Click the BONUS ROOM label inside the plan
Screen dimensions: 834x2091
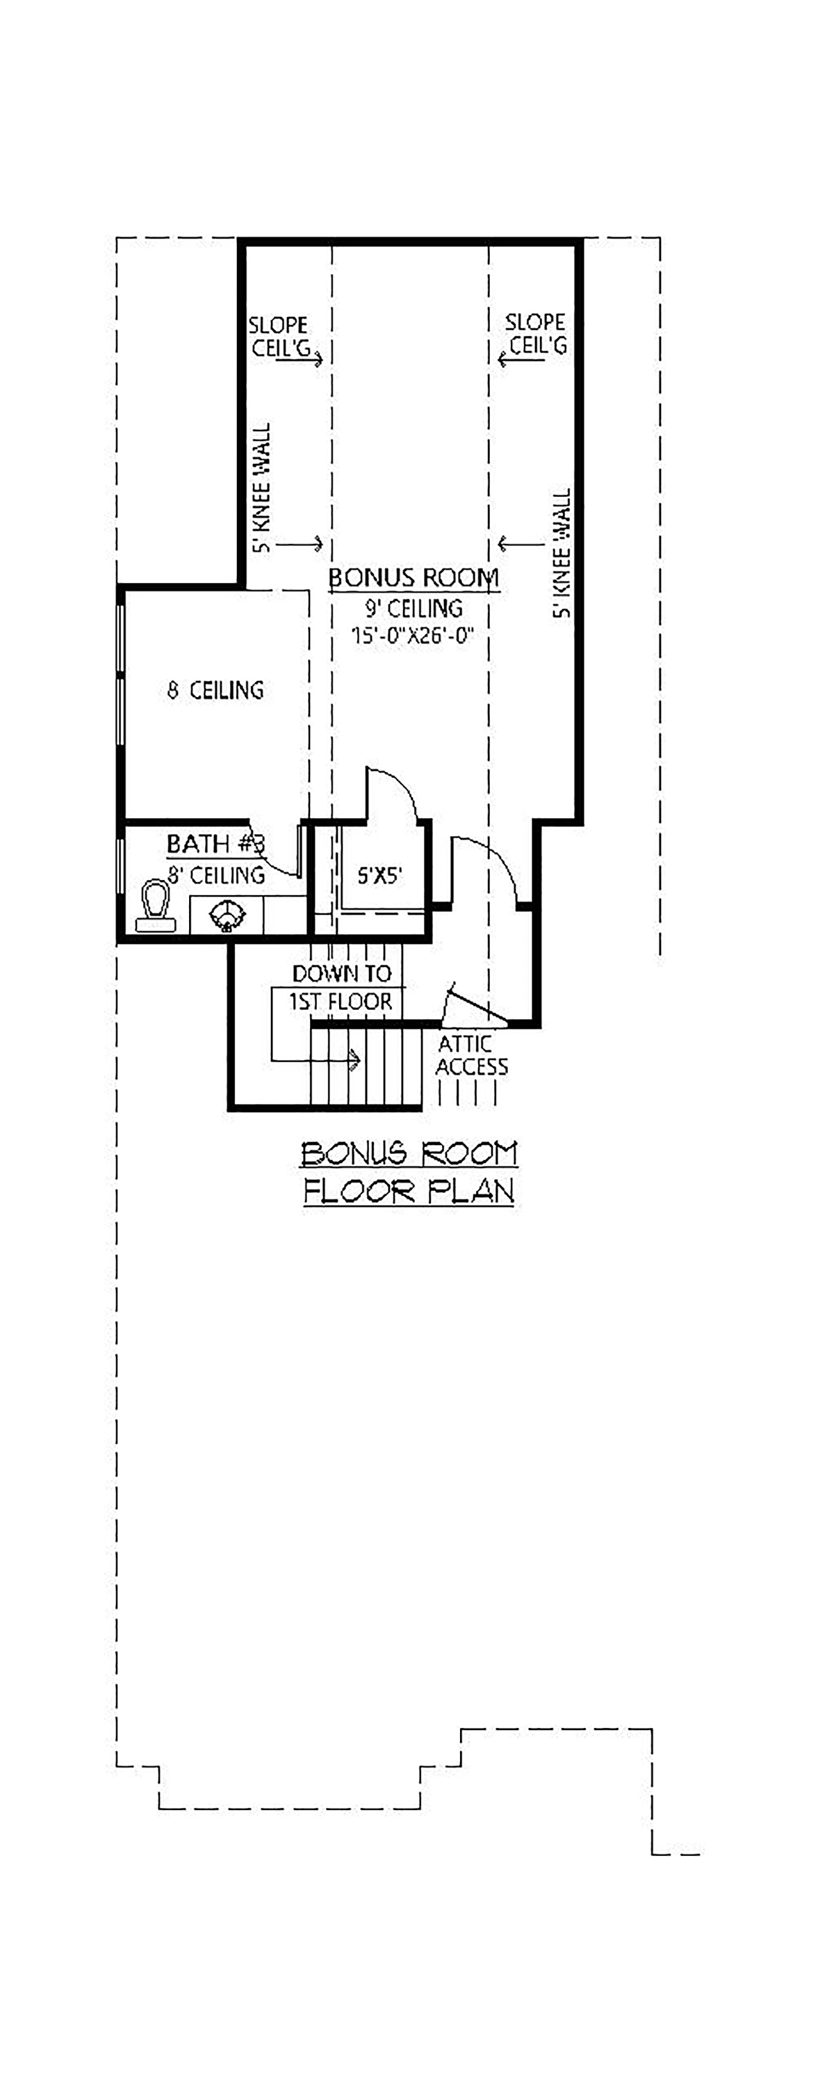tap(413, 578)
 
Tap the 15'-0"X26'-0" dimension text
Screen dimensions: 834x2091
tap(412, 636)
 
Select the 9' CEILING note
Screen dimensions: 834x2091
tap(414, 608)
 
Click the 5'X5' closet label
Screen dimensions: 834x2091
tap(379, 876)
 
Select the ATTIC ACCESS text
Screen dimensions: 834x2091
tap(471, 1055)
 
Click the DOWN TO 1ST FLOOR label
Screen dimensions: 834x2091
tap(341, 987)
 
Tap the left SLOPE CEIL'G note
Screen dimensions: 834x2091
tap(279, 336)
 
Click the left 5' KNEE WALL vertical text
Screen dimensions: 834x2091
tap(261, 487)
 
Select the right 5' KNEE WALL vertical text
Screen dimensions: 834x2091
tap(562, 553)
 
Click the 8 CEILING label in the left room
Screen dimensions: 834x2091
tap(216, 690)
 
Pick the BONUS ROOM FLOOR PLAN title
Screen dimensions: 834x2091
tap(409, 1172)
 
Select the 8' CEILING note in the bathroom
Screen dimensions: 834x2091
tap(216, 875)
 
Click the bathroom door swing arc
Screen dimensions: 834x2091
tap(272, 863)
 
